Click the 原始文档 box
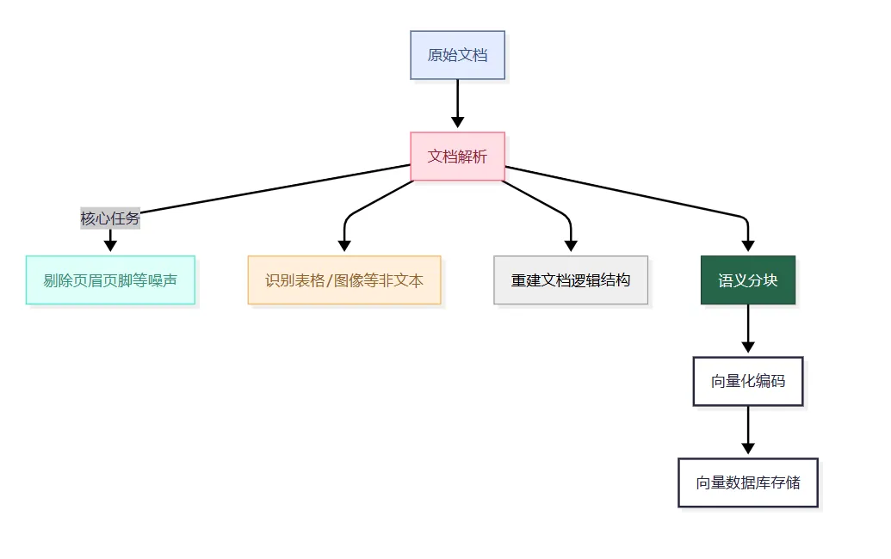click(x=457, y=55)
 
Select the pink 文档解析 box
click(x=457, y=157)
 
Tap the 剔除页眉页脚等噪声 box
click(x=110, y=280)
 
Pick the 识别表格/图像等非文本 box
click(x=344, y=280)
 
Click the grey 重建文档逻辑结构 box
click(x=571, y=280)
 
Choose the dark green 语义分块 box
click(x=747, y=280)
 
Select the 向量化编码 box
click(x=747, y=381)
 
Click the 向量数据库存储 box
click(x=747, y=482)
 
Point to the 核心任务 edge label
click(x=110, y=218)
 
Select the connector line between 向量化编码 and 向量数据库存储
click(x=747, y=423)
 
